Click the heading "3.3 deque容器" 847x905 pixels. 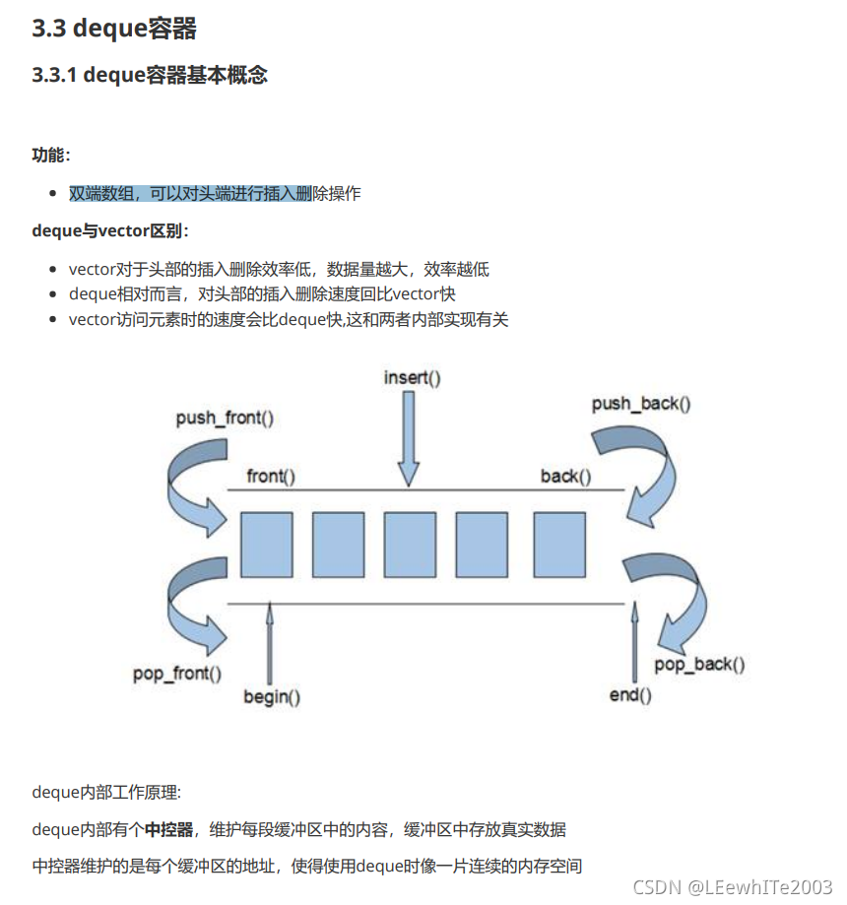[x=114, y=29]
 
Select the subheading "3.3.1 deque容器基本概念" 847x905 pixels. [x=150, y=75]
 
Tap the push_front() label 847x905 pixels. [x=225, y=419]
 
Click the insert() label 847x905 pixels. [x=412, y=377]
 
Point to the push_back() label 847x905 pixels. [x=641, y=404]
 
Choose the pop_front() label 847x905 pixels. [x=177, y=675]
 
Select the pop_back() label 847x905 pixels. [x=699, y=665]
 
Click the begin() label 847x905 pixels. [x=272, y=697]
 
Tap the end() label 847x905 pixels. [x=630, y=695]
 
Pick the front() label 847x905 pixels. [x=271, y=477]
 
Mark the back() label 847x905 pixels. [x=565, y=477]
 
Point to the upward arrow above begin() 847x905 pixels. [x=270, y=640]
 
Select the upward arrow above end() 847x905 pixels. [x=634, y=640]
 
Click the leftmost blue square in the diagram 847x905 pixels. [x=266, y=545]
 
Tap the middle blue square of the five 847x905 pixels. [x=410, y=545]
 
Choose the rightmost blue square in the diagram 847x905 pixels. [x=559, y=545]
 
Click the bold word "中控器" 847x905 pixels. [x=168, y=829]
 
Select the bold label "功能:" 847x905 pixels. [x=51, y=155]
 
